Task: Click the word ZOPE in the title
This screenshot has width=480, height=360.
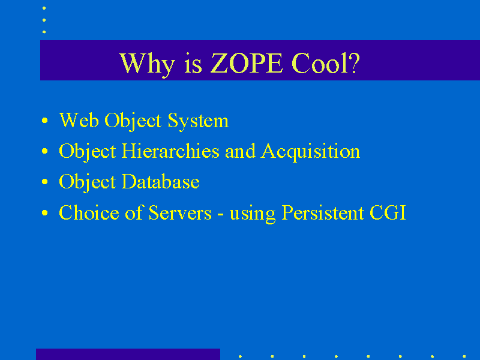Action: click(247, 63)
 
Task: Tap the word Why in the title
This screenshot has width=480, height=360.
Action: click(147, 65)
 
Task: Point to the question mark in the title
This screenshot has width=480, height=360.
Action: click(354, 63)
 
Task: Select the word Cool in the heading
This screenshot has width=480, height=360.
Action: click(320, 63)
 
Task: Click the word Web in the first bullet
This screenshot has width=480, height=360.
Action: click(79, 120)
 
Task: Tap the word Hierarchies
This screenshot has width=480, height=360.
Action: click(170, 151)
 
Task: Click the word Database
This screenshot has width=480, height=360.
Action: click(160, 182)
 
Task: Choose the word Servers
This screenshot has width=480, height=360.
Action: click(180, 212)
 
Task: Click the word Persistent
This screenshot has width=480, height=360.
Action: click(323, 212)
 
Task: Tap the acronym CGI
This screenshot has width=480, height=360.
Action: click(388, 212)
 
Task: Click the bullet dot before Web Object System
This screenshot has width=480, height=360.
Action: click(44, 121)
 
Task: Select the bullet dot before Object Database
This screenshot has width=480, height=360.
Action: click(44, 182)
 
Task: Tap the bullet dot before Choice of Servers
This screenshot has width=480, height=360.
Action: click(44, 213)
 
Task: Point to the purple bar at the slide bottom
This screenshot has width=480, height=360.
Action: click(128, 354)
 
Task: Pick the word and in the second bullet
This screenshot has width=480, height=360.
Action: click(240, 151)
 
